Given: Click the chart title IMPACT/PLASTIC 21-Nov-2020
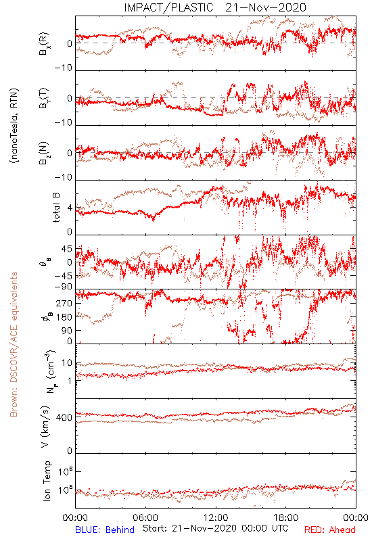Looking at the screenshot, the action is pyautogui.click(x=215, y=7).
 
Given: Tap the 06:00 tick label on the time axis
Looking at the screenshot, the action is pyautogui.click(x=145, y=517).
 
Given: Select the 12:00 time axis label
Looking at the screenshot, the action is pyautogui.click(x=216, y=517).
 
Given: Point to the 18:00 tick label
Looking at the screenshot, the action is pyautogui.click(x=286, y=517).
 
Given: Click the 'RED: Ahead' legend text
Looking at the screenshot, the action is pyautogui.click(x=329, y=530).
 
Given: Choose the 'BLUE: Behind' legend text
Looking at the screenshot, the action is pyautogui.click(x=105, y=530).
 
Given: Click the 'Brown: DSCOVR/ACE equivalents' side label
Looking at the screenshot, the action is pyautogui.click(x=14, y=344).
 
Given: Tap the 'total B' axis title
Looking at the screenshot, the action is pyautogui.click(x=56, y=208).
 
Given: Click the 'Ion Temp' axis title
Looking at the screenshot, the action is pyautogui.click(x=47, y=481).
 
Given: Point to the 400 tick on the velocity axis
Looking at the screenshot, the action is pyautogui.click(x=64, y=417).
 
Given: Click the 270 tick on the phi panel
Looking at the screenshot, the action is pyautogui.click(x=64, y=303).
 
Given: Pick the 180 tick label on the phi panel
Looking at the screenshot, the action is pyautogui.click(x=64, y=317).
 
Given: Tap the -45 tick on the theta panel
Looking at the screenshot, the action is pyautogui.click(x=62, y=277).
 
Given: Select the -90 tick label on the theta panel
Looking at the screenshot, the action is pyautogui.click(x=62, y=287).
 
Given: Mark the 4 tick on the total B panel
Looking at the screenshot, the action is pyautogui.click(x=70, y=208).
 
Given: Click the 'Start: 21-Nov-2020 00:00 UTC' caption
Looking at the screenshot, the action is pyautogui.click(x=216, y=528).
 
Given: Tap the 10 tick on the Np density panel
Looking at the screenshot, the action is pyautogui.click(x=67, y=363).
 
